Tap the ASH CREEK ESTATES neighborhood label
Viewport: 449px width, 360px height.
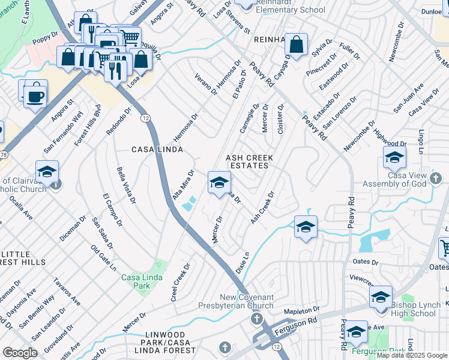pyautogui.click(x=249, y=163)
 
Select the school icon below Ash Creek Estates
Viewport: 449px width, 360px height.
pyautogui.click(x=219, y=181)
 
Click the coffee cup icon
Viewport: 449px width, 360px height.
pyautogui.click(x=35, y=95)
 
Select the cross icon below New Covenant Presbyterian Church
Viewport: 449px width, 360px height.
pyautogui.click(x=257, y=318)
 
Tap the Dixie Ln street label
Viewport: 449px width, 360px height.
pyautogui.click(x=241, y=263)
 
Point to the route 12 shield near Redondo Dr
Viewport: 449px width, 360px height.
pyautogui.click(x=145, y=118)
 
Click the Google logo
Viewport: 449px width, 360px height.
pyautogui.click(x=20, y=353)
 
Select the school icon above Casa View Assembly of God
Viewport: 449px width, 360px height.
pyautogui.click(x=394, y=157)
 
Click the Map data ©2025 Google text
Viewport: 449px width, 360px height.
pyautogui.click(x=412, y=355)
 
